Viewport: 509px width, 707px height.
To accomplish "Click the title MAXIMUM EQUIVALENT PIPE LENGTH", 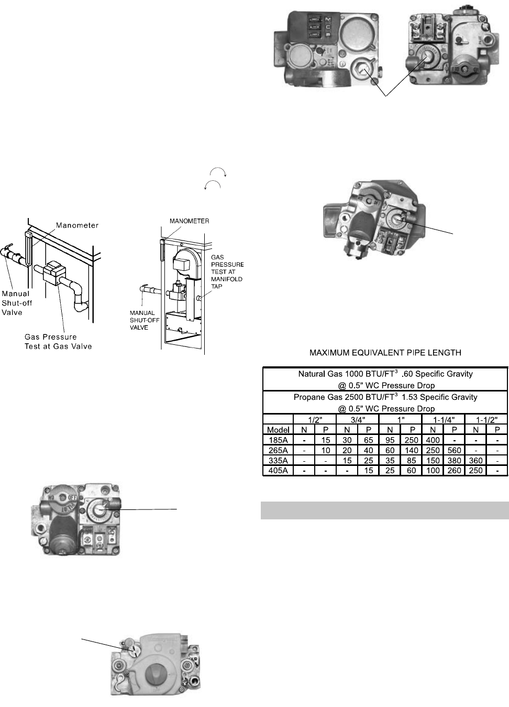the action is coord(385,353).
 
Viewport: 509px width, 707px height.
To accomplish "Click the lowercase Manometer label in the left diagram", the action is coord(78,225).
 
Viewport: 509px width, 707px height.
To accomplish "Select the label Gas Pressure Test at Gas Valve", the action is coord(58,341).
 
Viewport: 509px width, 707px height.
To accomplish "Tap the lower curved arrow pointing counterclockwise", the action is coord(213,186).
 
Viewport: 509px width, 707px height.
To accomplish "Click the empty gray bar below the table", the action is coord(385,510).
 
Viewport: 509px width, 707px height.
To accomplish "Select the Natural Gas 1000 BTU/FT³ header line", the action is coord(385,374).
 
